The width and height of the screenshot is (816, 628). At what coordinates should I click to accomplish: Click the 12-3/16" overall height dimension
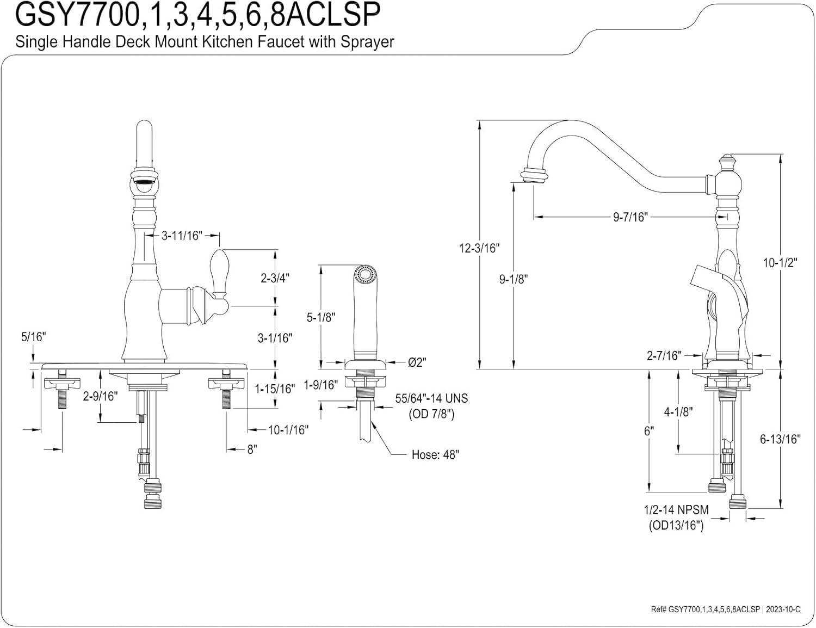coord(479,248)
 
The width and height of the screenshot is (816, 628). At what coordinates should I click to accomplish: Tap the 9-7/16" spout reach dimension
coord(630,217)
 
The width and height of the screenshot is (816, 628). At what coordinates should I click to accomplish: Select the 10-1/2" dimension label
coord(780,262)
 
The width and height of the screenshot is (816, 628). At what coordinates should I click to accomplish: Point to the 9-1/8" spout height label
coord(514,280)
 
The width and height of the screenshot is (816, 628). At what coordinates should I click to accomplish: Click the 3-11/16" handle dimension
coord(182,235)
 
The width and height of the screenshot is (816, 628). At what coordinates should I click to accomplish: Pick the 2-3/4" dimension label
coord(275,278)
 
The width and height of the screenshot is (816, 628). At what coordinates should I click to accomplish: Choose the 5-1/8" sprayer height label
coord(321,317)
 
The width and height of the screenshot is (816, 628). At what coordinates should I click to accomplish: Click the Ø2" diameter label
coord(417,362)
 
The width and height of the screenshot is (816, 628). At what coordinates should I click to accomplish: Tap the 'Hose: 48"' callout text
coord(435,454)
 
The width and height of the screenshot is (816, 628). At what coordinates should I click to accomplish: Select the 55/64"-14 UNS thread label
coord(431,398)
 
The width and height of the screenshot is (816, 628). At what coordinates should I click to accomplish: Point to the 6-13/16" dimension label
coord(780,439)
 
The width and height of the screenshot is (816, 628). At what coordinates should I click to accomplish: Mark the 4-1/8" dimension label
coord(678,412)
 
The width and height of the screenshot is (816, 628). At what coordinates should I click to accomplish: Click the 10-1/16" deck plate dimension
coord(288,430)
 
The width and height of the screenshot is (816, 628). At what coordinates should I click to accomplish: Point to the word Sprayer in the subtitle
coord(367,41)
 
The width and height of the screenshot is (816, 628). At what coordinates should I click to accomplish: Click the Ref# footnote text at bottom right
coord(726,609)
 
